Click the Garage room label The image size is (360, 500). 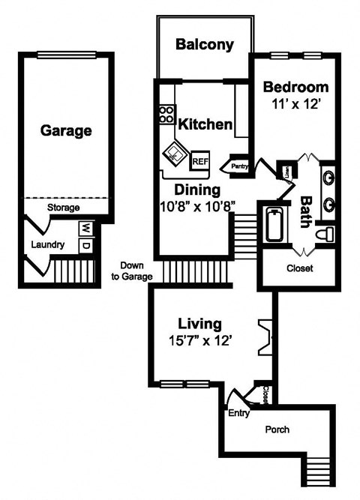66,130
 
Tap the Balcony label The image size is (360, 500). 204,45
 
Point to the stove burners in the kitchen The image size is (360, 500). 166,115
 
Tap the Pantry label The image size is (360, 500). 240,166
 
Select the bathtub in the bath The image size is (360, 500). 275,224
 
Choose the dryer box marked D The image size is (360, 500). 85,244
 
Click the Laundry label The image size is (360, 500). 47,245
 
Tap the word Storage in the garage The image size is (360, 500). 63,208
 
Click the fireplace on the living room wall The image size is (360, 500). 264,337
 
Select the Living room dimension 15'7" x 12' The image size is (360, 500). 199,340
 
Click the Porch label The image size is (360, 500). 277,430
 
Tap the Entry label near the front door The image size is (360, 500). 238,413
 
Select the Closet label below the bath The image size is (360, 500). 300,268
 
